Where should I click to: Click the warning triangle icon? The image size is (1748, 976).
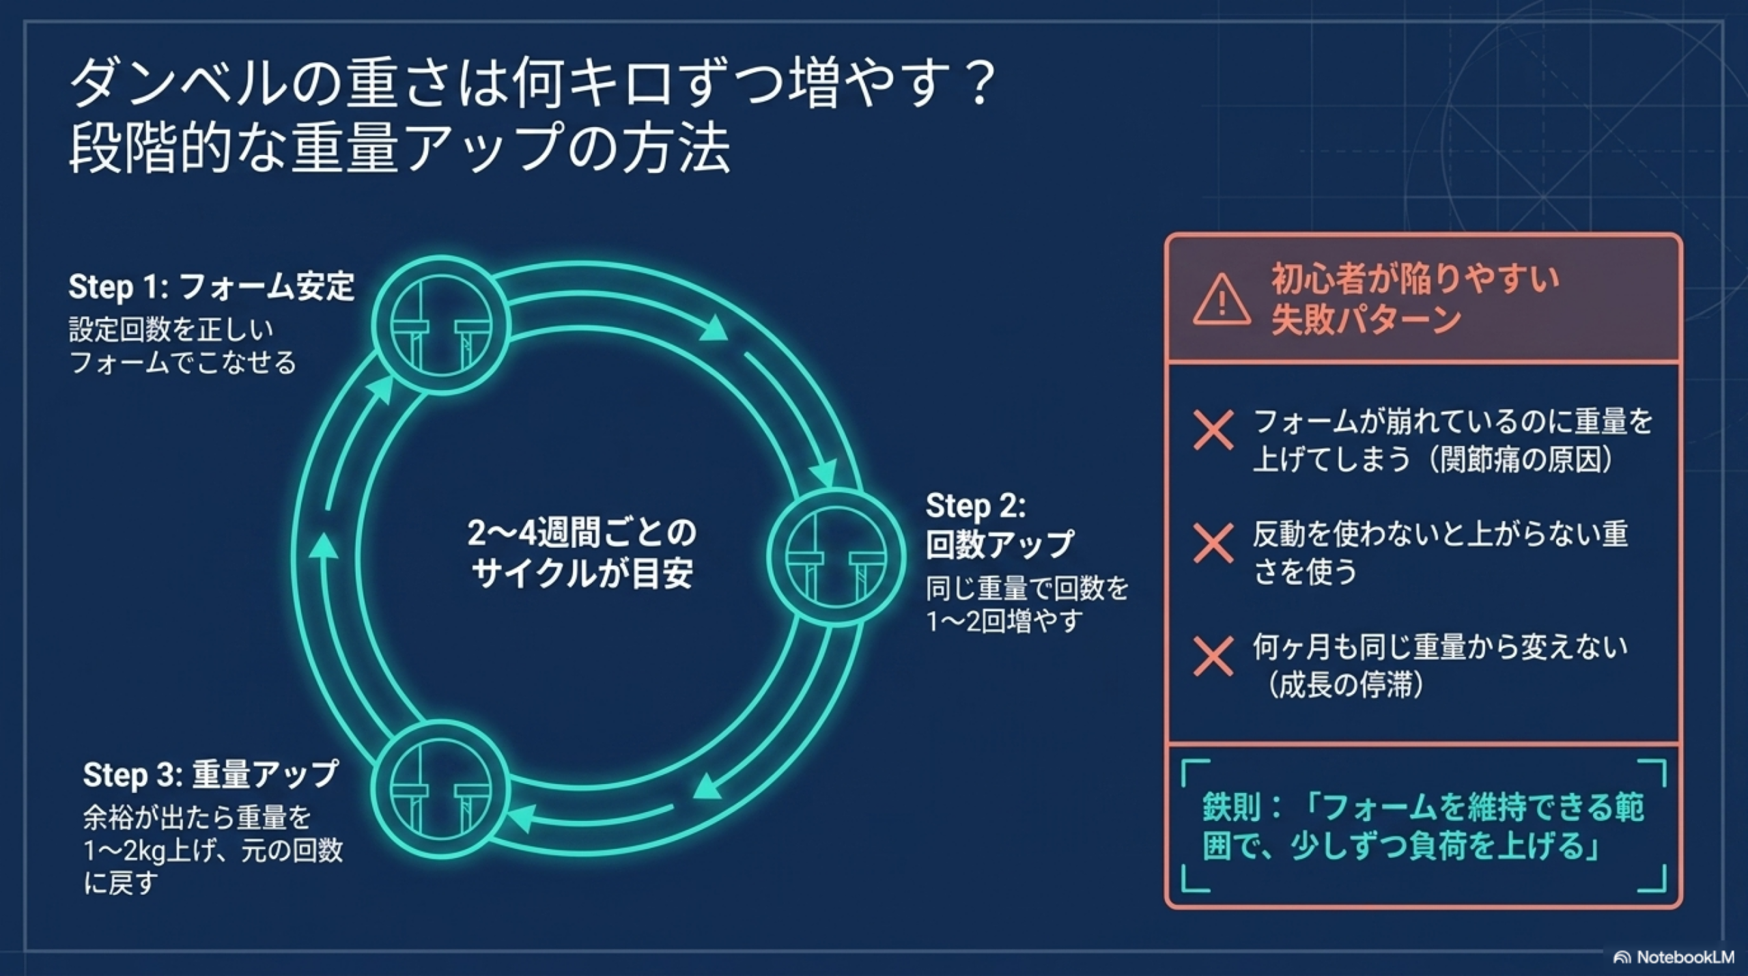(x=1222, y=301)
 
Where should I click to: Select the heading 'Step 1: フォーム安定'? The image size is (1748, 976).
(x=211, y=287)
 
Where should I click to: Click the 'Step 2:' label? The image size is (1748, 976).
(x=975, y=507)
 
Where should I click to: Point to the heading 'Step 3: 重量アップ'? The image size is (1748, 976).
(x=210, y=775)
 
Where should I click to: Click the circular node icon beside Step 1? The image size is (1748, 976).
(x=441, y=325)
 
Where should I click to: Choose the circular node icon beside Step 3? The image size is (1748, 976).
(x=441, y=790)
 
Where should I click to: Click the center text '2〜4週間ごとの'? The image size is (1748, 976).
(x=582, y=533)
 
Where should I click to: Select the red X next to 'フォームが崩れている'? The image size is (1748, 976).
(x=1213, y=430)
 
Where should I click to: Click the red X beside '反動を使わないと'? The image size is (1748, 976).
(x=1213, y=544)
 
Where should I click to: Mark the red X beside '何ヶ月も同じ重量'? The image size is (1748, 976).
(x=1213, y=656)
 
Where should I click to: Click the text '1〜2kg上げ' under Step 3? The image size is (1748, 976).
(x=152, y=851)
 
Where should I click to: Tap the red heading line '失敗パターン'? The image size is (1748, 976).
(x=1366, y=320)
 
